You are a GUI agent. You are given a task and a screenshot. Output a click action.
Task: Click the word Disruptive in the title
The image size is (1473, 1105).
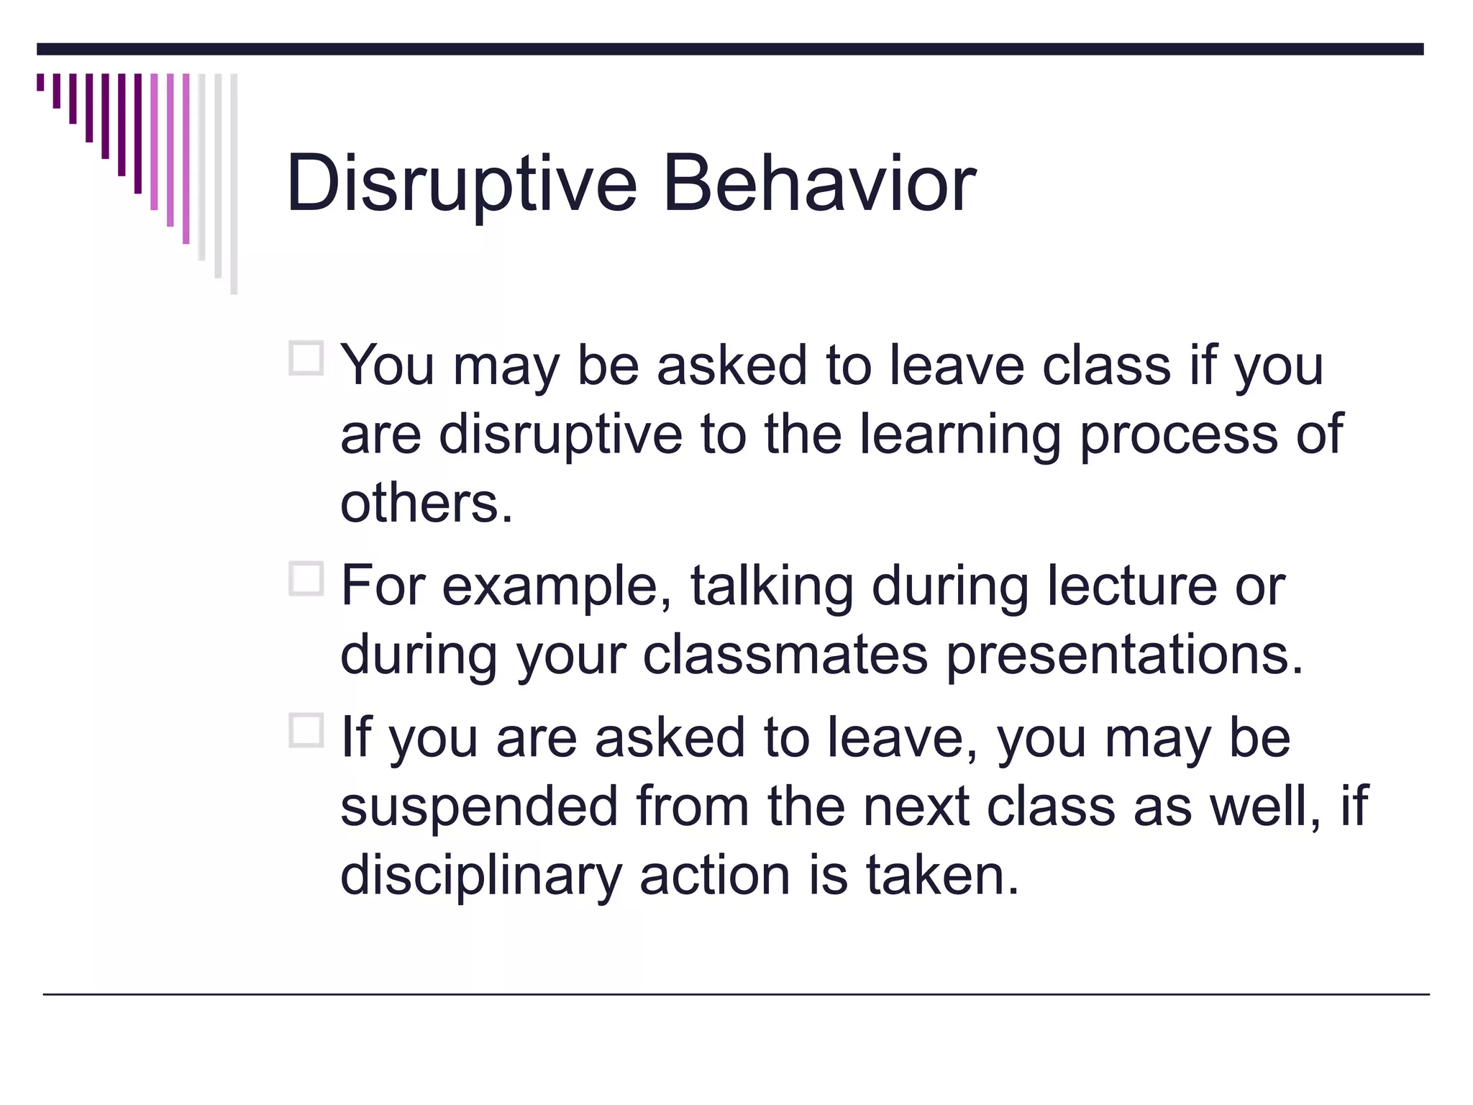(461, 184)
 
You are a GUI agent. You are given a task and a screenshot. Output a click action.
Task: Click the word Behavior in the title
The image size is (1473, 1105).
(818, 184)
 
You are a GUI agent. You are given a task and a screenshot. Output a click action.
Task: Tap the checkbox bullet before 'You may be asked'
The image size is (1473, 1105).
(306, 358)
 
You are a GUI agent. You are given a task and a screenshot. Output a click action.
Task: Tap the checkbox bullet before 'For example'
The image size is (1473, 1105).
(306, 578)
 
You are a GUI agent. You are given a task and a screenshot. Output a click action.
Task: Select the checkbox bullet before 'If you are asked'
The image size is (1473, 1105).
(306, 731)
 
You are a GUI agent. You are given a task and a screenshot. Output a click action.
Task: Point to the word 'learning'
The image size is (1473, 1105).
(960, 436)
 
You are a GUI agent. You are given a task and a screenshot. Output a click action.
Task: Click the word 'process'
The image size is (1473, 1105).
(1178, 436)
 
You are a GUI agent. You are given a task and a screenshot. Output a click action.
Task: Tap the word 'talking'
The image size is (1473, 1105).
(772, 586)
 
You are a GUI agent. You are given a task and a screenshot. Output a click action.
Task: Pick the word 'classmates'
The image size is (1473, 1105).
(785, 655)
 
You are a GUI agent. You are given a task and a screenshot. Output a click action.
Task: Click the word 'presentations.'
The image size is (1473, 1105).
(1124, 655)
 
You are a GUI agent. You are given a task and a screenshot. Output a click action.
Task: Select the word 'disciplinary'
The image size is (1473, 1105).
(480, 876)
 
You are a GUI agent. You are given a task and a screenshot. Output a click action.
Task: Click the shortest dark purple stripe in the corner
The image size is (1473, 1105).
(40, 82)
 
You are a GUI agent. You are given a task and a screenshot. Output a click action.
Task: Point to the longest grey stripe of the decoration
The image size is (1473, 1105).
(234, 183)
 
